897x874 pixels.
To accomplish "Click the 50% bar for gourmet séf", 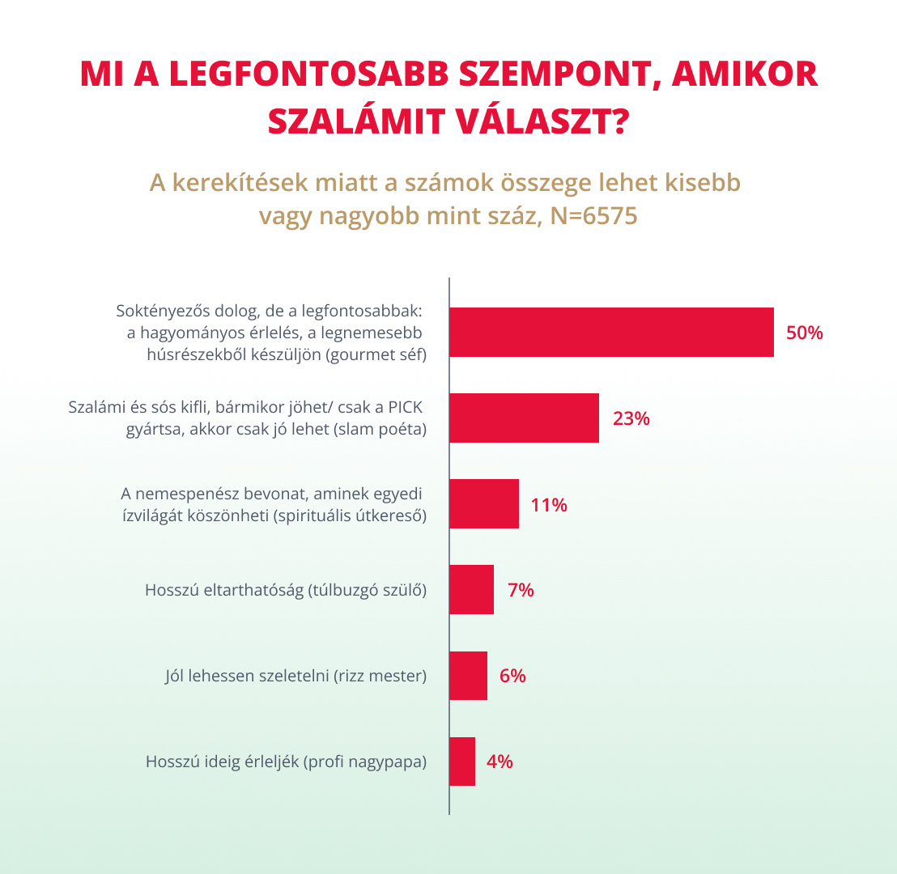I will [611, 333].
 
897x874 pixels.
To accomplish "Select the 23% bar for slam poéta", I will [524, 418].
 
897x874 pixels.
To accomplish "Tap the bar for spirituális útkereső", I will [483, 504].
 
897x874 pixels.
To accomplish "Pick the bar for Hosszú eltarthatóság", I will [471, 590].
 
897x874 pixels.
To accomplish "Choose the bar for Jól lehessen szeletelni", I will [468, 676].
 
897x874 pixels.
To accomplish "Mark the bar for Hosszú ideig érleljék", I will [462, 762].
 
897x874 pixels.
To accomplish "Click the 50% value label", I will [804, 333].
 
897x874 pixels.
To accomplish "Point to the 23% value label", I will [631, 419].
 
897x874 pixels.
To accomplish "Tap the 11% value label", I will [549, 505].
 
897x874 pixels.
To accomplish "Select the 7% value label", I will [521, 591].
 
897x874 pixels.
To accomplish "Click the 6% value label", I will [512, 677].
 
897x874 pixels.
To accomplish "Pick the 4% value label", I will [500, 762].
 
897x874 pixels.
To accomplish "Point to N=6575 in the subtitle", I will [593, 217].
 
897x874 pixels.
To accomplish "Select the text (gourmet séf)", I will [376, 354].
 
